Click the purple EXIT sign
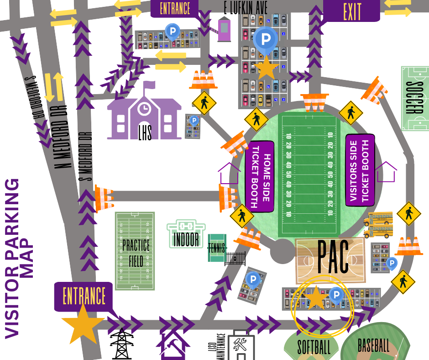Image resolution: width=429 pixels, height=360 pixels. point(351,11)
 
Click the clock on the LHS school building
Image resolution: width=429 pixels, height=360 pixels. point(144,109)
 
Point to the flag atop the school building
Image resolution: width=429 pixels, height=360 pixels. point(149,85)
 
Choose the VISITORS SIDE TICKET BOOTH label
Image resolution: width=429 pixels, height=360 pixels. point(360,170)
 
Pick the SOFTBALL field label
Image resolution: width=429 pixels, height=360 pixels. point(314,347)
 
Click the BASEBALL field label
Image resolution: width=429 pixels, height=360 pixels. point(373,345)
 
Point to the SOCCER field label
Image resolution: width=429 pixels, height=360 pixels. point(414,98)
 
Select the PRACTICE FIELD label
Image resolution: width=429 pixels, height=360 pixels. point(135,252)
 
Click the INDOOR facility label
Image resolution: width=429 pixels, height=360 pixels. point(186,239)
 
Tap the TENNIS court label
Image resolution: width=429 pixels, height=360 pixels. point(217,248)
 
